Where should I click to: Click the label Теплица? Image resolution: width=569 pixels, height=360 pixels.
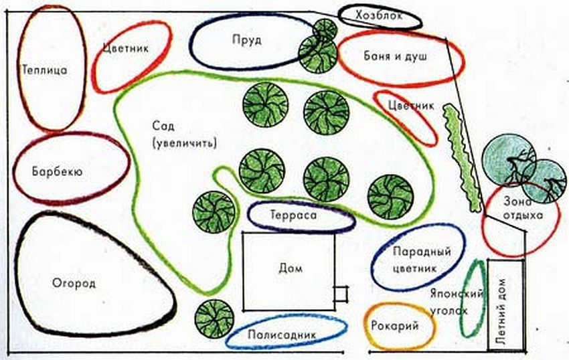[x=45, y=70]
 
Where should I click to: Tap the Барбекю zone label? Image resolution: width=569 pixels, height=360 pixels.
[x=58, y=171]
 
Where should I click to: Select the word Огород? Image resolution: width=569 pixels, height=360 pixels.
[x=74, y=283]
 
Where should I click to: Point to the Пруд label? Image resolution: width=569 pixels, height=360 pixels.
[x=247, y=40]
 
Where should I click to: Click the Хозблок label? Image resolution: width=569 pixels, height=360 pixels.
[x=379, y=15]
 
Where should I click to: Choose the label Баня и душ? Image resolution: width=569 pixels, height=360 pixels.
[x=396, y=56]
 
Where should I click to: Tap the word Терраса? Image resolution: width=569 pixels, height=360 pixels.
[x=294, y=215]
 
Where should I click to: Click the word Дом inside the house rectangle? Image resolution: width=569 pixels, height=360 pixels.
[x=291, y=268]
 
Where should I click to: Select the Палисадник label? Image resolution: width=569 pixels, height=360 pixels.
[x=282, y=335]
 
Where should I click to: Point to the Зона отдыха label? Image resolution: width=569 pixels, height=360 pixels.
[x=523, y=208]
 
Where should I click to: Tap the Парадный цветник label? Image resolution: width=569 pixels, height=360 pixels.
[x=422, y=260]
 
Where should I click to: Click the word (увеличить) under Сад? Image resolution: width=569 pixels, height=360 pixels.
[x=185, y=143]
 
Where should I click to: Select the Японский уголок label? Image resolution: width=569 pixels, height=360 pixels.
[x=457, y=302]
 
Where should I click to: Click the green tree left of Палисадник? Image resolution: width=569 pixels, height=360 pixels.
[x=214, y=319]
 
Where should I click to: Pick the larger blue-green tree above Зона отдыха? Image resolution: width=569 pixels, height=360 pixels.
[x=509, y=159]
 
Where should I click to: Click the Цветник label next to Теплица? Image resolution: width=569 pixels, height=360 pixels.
[x=126, y=48]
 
